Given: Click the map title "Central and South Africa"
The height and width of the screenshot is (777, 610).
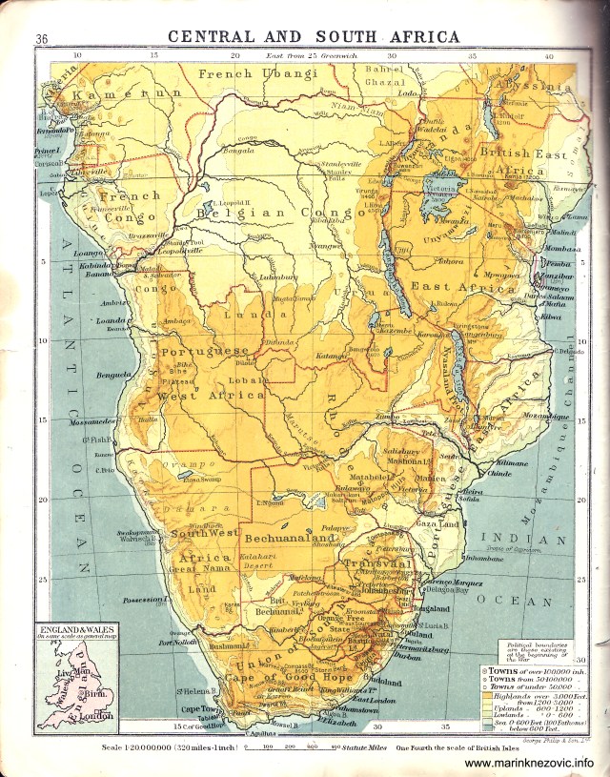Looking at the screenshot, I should tap(314, 37).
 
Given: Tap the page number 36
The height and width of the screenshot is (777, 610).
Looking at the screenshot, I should tap(41, 39).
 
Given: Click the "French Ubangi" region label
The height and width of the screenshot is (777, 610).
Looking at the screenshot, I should tap(257, 72).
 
